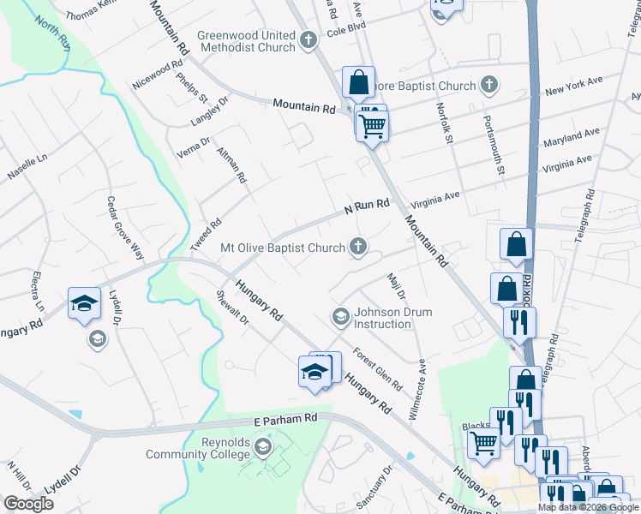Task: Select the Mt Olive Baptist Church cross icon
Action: point(361,248)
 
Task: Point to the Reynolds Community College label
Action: point(197,448)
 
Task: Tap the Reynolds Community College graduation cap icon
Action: point(264,448)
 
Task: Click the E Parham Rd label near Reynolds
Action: point(286,421)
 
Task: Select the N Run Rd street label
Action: point(367,206)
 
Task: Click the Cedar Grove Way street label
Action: point(124,227)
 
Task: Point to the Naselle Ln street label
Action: point(27,162)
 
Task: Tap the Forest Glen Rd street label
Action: point(377,370)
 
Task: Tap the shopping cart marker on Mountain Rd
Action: point(372,126)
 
